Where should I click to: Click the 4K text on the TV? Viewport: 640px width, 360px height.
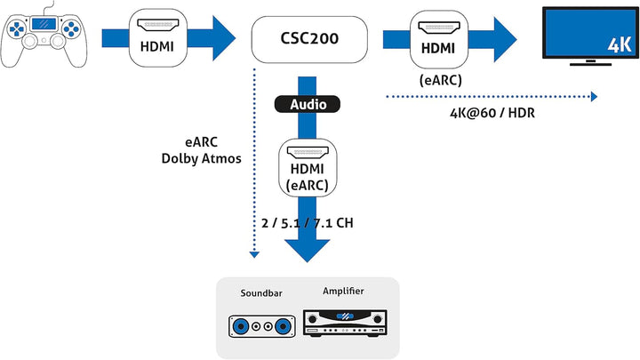618,44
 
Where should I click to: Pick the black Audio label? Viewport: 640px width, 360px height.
308,104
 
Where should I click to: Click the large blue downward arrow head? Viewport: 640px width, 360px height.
308,249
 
